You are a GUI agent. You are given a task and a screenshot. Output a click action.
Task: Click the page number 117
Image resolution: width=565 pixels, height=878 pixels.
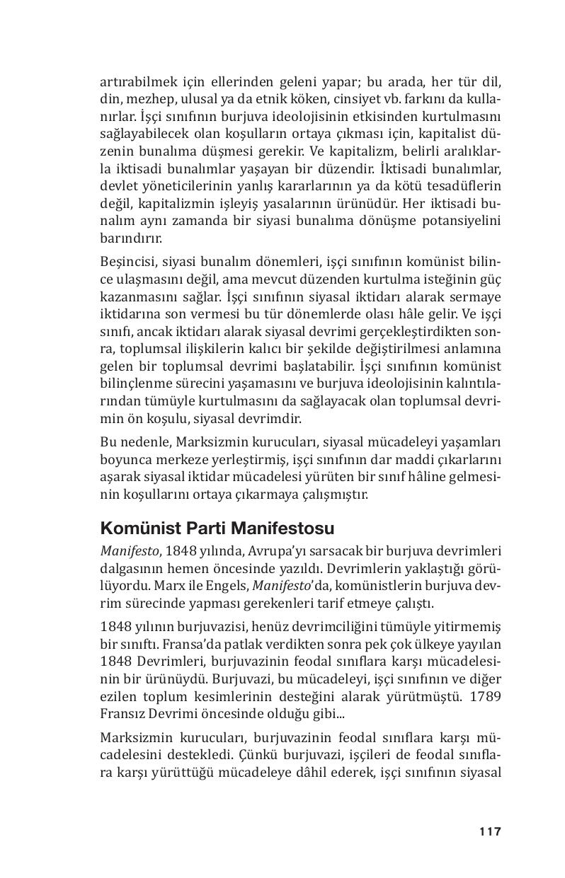[x=489, y=831]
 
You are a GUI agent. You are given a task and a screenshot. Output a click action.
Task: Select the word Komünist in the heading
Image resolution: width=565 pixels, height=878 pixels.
[x=140, y=528]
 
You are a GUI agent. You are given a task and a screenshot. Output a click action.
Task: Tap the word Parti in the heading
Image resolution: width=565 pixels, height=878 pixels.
[x=207, y=528]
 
